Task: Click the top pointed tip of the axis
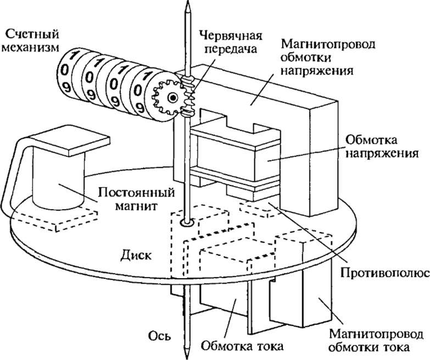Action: (188, 8)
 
